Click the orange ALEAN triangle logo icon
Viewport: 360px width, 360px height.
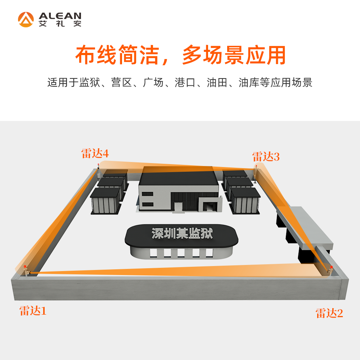click(26, 19)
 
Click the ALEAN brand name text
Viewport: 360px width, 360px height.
click(60, 16)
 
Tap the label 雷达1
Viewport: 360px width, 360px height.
click(33, 311)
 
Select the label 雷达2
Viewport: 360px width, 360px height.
click(329, 313)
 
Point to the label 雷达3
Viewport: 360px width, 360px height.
click(266, 157)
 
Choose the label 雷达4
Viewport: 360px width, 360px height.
click(95, 154)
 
